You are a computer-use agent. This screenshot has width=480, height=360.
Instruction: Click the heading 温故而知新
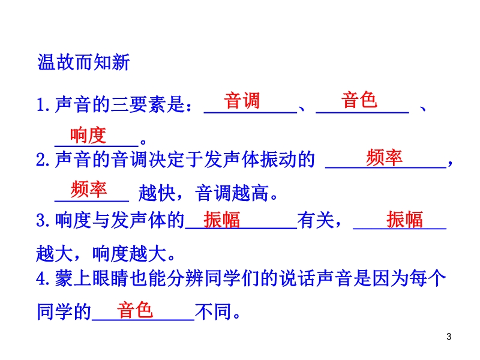point(83,62)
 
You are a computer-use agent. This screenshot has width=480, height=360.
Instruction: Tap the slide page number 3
point(449,337)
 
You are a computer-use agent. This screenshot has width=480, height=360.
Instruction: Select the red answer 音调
point(242,100)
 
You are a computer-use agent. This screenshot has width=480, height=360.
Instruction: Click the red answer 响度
point(88,135)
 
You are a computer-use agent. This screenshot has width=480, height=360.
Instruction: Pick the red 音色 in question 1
point(359,100)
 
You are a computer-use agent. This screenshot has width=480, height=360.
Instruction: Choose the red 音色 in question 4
point(134,310)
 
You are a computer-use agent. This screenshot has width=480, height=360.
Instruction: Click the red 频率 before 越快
point(88,189)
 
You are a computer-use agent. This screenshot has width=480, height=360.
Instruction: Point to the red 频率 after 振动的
point(384,158)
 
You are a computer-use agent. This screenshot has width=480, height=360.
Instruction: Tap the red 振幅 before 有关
point(221,220)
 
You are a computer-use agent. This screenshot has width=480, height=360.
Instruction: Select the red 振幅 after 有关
point(404,220)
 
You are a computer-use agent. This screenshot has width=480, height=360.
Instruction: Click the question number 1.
point(41,105)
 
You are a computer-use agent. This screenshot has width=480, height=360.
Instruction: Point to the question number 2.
point(41,160)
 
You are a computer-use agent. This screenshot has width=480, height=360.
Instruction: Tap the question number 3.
point(41,220)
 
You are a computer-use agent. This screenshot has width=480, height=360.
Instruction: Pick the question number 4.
point(41,278)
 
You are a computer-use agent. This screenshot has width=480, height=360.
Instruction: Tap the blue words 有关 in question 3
point(316,220)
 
